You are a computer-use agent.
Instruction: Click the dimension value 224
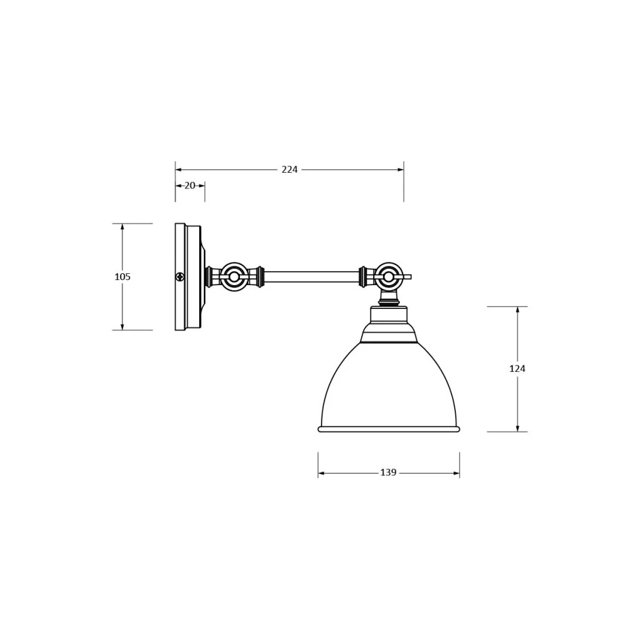[290, 170]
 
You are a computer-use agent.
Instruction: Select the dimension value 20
[190, 185]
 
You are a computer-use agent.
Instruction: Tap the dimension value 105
[122, 276]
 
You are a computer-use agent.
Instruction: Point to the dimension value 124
[517, 369]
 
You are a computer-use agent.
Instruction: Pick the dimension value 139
[388, 473]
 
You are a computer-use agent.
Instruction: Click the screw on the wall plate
[180, 276]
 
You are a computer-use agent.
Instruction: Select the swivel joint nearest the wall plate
[234, 276]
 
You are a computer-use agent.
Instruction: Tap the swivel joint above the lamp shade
[389, 276]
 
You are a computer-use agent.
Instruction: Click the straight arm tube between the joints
[311, 276]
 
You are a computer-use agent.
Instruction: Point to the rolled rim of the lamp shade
[389, 429]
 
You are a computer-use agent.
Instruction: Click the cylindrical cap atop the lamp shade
[389, 315]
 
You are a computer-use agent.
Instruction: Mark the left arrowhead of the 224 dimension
[178, 170]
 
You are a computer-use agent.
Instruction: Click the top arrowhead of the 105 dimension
[122, 227]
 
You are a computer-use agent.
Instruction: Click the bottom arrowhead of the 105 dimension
[122, 327]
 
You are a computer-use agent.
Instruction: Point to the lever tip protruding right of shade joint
[409, 276]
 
